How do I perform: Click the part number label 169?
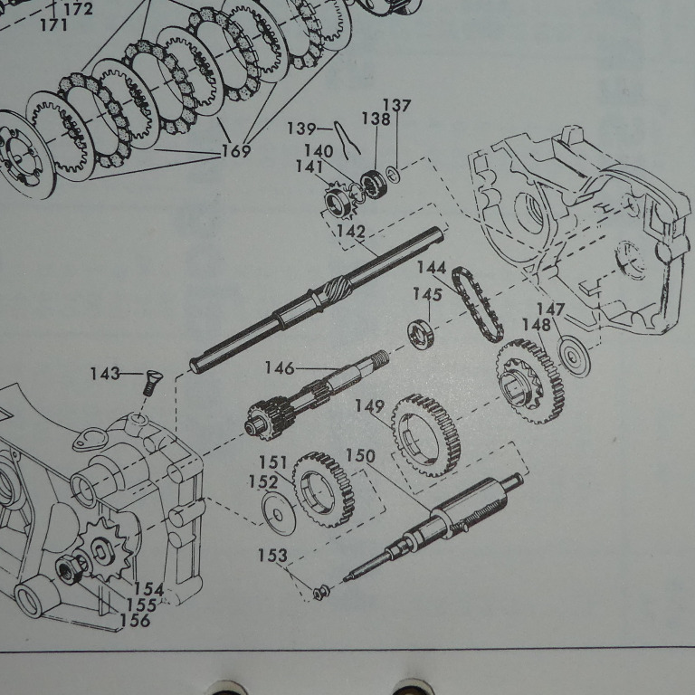tap(236, 151)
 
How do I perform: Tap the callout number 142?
tap(351, 232)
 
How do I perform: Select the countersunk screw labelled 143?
tap(153, 383)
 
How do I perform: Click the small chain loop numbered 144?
tap(478, 304)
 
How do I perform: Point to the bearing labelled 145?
tap(422, 334)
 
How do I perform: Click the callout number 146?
tap(280, 368)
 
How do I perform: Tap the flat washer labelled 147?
tap(575, 356)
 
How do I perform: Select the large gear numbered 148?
tap(530, 381)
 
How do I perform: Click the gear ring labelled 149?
tap(426, 435)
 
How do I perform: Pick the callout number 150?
tap(360, 456)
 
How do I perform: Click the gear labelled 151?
tap(324, 490)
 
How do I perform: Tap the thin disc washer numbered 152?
tap(279, 513)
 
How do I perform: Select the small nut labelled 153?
tap(320, 592)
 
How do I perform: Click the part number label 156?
tap(135, 620)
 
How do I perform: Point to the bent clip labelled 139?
tap(346, 139)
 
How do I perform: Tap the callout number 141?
tap(309, 167)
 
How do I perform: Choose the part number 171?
tap(53, 24)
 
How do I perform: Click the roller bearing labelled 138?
tap(373, 185)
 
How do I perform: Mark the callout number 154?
tap(149, 589)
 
